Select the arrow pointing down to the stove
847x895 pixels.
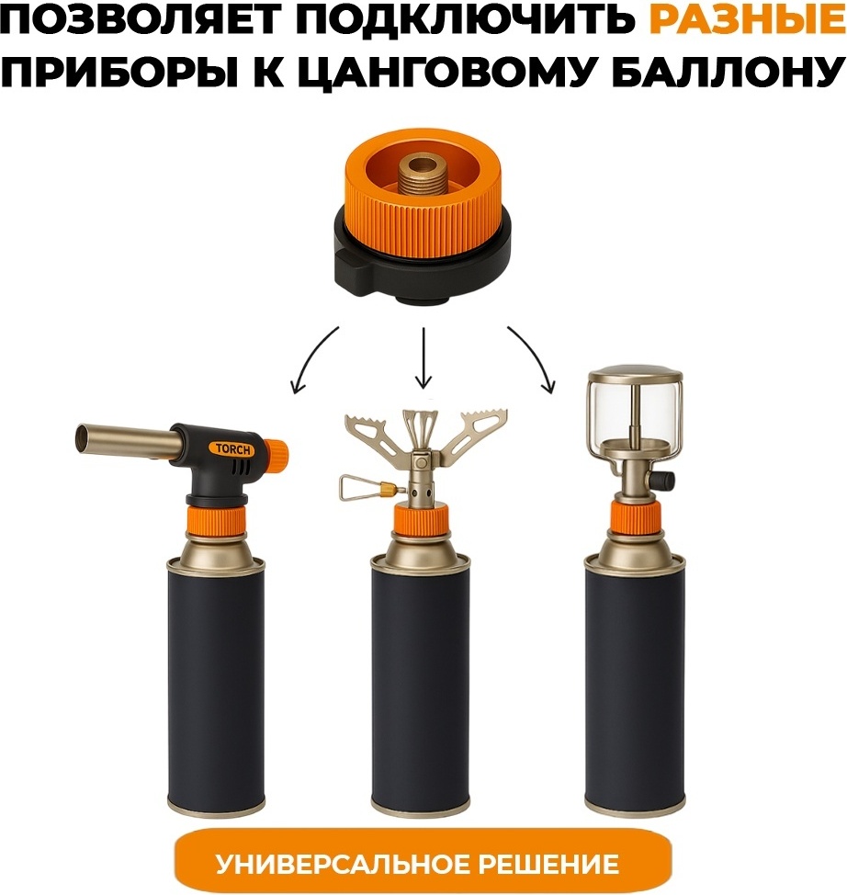click(423, 357)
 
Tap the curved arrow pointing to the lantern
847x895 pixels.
click(535, 355)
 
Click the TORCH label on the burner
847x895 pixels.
click(232, 449)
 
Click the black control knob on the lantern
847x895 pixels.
click(664, 481)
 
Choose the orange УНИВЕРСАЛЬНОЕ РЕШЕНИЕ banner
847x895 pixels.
click(417, 864)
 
